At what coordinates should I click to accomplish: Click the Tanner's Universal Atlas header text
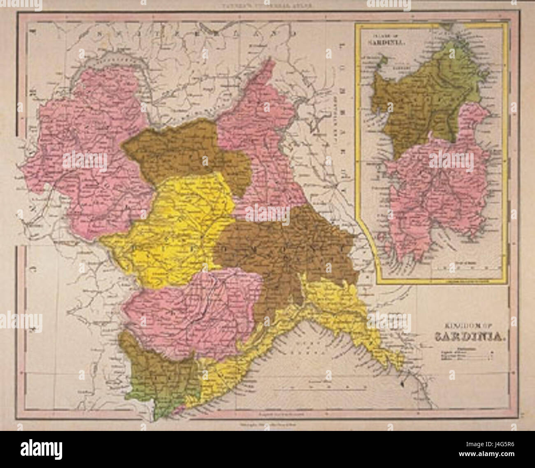click(x=267, y=7)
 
